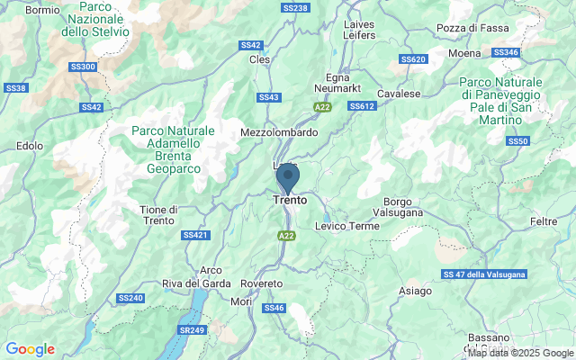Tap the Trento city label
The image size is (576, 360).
pyautogui.click(x=290, y=201)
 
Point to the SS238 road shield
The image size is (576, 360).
pyautogui.click(x=295, y=8)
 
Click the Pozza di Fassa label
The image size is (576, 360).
pyautogui.click(x=468, y=28)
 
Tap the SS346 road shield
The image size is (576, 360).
pyautogui.click(x=507, y=53)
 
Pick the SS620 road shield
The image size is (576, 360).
pyautogui.click(x=413, y=59)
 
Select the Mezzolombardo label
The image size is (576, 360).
pyautogui.click(x=280, y=131)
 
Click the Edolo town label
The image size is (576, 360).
pyautogui.click(x=30, y=145)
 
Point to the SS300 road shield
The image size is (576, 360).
pyautogui.click(x=82, y=67)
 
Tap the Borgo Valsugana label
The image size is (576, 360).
pyautogui.click(x=397, y=206)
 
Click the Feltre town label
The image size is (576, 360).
pyautogui.click(x=544, y=220)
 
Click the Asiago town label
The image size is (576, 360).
pyautogui.click(x=416, y=291)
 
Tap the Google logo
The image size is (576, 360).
pyautogui.click(x=30, y=349)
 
